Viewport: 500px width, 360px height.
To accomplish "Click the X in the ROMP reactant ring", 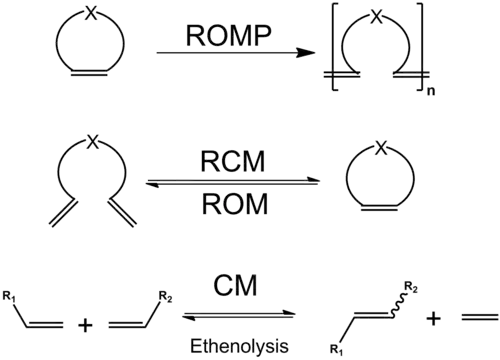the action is (x=89, y=19).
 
